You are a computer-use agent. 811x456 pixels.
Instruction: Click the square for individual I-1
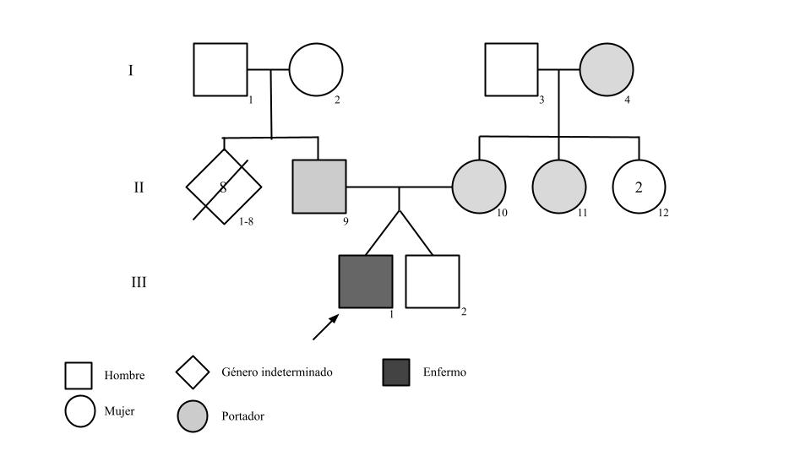(x=220, y=69)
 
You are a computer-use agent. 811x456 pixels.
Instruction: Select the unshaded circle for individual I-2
(x=316, y=70)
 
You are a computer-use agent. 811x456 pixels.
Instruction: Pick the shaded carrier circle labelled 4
(x=607, y=70)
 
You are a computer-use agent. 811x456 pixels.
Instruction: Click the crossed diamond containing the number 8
(x=224, y=187)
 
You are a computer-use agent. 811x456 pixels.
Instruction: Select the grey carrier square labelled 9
(x=319, y=186)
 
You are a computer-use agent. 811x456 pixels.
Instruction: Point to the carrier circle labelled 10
(x=479, y=187)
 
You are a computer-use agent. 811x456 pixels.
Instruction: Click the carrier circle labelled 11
(x=559, y=187)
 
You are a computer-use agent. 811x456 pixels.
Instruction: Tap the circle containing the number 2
(x=639, y=187)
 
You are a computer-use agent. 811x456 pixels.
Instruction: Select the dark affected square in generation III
(x=366, y=281)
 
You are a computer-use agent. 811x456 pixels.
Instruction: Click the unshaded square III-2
(x=433, y=281)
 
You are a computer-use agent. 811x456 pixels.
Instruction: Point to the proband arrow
(x=325, y=328)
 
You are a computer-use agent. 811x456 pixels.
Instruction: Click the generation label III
(x=138, y=282)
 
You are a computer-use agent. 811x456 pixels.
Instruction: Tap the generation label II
(x=139, y=187)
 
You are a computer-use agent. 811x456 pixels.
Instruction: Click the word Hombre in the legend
(x=124, y=376)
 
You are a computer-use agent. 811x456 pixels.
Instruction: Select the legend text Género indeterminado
(x=277, y=372)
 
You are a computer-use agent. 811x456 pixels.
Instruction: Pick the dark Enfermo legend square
(x=396, y=372)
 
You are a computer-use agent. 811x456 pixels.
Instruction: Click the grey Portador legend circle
(x=193, y=416)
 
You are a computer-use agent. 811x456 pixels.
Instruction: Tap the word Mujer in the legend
(x=120, y=411)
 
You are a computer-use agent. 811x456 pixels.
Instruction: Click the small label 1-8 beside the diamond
(x=246, y=220)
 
